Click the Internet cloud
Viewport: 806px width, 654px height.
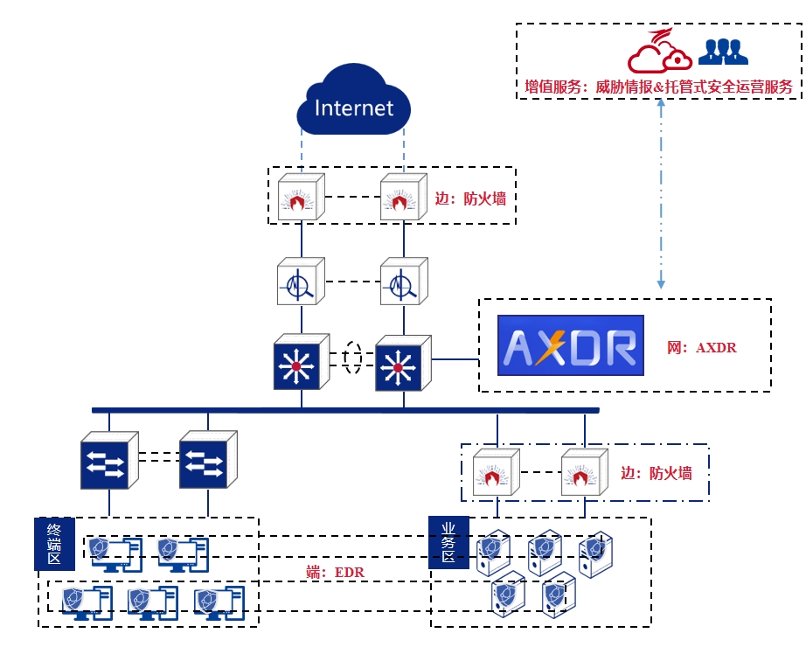point(353,106)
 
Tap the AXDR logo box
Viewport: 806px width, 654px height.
point(570,345)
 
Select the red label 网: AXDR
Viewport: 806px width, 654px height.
point(702,348)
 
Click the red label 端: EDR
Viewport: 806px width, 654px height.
point(335,573)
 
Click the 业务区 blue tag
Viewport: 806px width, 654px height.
point(448,542)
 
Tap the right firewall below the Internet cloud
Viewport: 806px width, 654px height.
point(403,197)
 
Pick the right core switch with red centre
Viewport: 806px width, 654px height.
point(403,362)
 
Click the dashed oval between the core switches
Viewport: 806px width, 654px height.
point(352,358)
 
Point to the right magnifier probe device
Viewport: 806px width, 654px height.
point(403,281)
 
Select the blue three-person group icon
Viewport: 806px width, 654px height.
point(723,52)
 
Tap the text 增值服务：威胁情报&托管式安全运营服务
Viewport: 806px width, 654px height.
point(658,87)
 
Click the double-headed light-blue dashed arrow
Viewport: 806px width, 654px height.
point(661,192)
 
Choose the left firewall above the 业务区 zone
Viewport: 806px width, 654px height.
point(496,472)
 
